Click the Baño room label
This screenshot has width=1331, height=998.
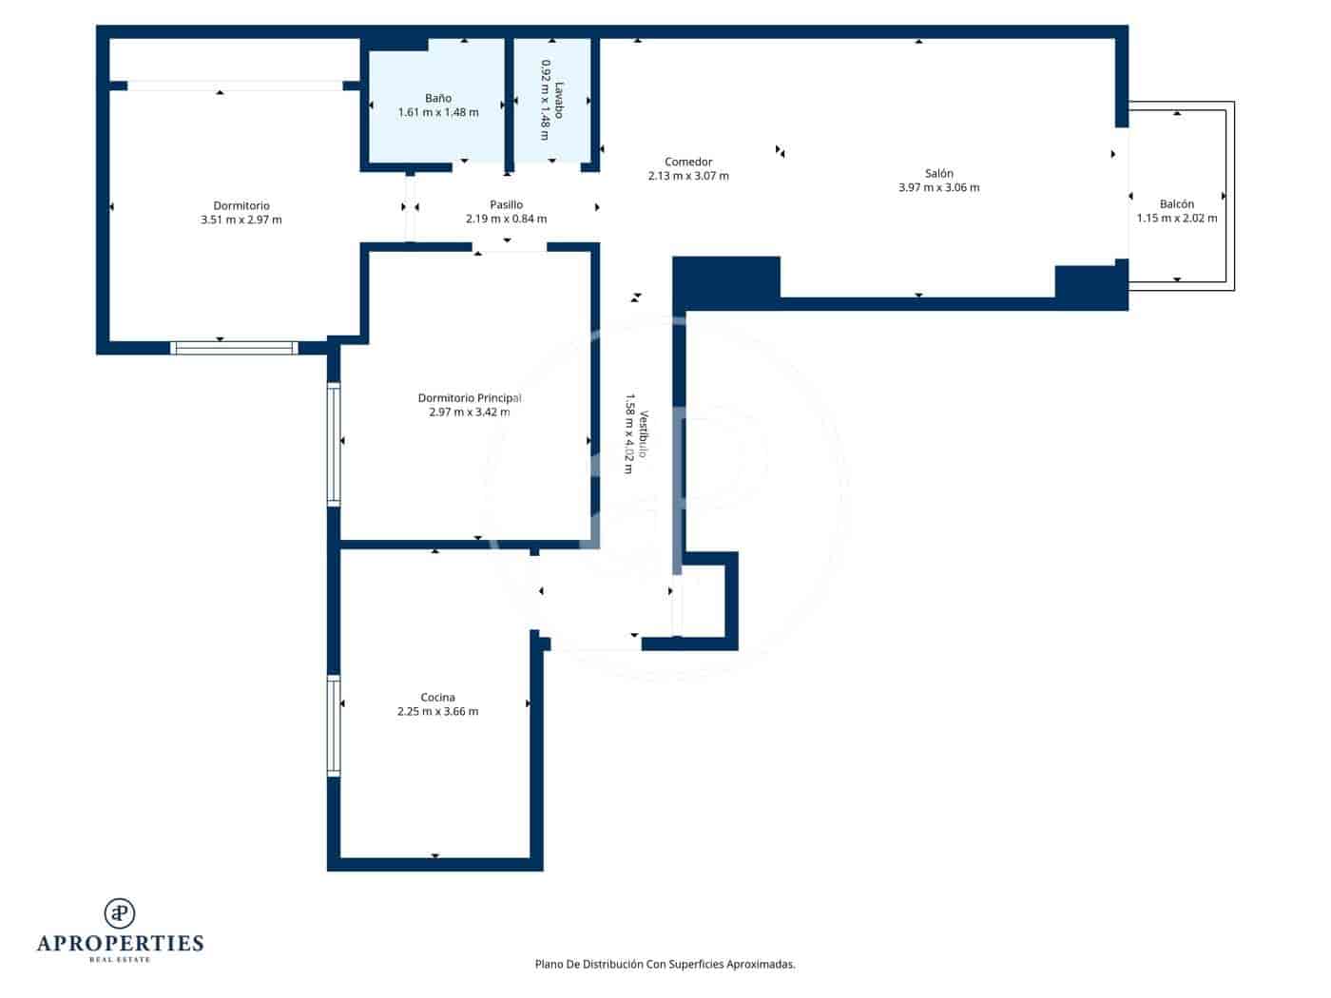click(438, 98)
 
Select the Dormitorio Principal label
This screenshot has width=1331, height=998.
click(470, 398)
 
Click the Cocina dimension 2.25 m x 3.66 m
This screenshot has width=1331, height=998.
click(437, 711)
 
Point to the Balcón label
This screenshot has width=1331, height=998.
click(1177, 204)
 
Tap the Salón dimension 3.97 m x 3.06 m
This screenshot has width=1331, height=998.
click(938, 187)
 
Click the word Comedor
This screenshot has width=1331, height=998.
click(688, 162)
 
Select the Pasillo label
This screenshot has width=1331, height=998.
click(506, 204)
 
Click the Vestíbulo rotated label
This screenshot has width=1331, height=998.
click(644, 434)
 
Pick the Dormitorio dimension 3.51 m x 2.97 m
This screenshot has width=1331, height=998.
click(241, 220)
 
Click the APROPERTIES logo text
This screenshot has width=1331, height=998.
click(120, 943)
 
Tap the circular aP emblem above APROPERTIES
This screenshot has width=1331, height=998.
click(120, 913)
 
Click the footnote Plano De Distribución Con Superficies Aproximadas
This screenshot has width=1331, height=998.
click(665, 964)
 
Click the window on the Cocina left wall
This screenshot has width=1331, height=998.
click(334, 725)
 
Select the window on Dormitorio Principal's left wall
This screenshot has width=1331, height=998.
click(334, 443)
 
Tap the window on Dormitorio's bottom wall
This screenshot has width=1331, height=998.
click(234, 348)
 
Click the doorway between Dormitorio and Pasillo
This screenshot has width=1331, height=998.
click(411, 208)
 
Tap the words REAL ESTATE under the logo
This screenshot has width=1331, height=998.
click(120, 960)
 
